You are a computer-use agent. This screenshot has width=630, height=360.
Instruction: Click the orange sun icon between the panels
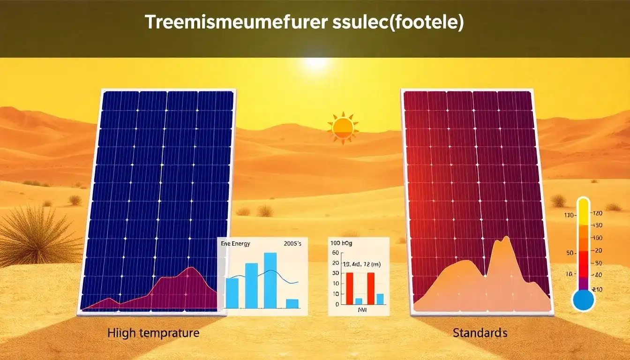pyautogui.click(x=343, y=127)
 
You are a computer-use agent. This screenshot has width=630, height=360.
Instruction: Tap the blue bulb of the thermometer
pyautogui.click(x=583, y=300)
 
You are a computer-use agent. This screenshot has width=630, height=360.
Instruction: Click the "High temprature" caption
pyautogui.click(x=153, y=333)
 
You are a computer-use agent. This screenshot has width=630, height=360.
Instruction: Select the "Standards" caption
pyautogui.click(x=480, y=333)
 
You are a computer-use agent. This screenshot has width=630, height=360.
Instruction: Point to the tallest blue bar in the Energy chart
pyautogui.click(x=270, y=280)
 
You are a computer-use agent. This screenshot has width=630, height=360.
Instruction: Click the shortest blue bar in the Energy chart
pyautogui.click(x=292, y=303)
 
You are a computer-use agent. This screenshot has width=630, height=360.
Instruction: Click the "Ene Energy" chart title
pyautogui.click(x=235, y=244)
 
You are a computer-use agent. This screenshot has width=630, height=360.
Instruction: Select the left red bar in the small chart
pyautogui.click(x=349, y=288)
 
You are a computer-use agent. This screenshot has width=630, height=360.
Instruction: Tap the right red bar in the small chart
pyautogui.click(x=371, y=288)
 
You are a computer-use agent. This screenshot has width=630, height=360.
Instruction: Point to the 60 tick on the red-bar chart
pyautogui.click(x=335, y=253)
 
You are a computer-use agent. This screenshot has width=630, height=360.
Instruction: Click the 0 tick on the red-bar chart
pyautogui.click(x=337, y=304)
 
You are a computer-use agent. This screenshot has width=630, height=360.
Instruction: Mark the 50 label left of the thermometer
pyautogui.click(x=570, y=253)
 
